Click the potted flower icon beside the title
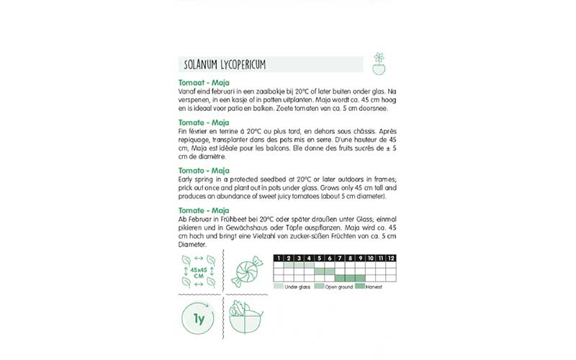tap(379, 63)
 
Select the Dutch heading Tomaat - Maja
tap(204, 84)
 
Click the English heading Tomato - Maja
tap(204, 171)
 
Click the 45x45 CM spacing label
tap(197, 274)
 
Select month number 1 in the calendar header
tap(279, 257)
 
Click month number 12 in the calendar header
tap(391, 257)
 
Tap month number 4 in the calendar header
tap(309, 257)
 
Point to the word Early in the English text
tap(184, 178)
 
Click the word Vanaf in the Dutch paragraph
tap(186, 91)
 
